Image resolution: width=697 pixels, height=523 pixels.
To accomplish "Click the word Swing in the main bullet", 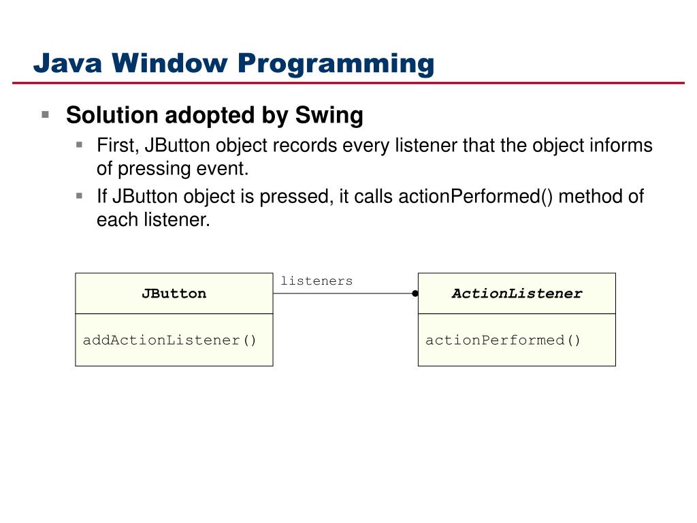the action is point(329,116).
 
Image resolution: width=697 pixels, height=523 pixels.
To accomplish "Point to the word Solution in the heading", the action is point(112,116).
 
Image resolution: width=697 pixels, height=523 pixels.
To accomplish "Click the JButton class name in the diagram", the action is point(174,294).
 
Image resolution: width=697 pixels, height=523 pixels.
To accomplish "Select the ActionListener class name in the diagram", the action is point(517,294).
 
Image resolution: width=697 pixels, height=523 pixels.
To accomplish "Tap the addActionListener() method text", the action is point(169,340).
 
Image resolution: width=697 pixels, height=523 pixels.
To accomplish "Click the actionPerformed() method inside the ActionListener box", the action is point(503,340).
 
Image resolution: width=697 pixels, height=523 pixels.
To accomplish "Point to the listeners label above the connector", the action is point(317,281).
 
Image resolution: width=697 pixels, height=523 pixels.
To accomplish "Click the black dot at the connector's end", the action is point(414,294).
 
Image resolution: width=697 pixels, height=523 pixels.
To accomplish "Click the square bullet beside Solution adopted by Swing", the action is point(46,114).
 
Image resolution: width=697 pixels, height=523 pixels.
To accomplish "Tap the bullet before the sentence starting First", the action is point(79,144).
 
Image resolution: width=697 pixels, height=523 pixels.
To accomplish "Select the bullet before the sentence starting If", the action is point(79,195).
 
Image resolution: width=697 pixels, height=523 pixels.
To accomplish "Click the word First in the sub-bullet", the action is point(117,146).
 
